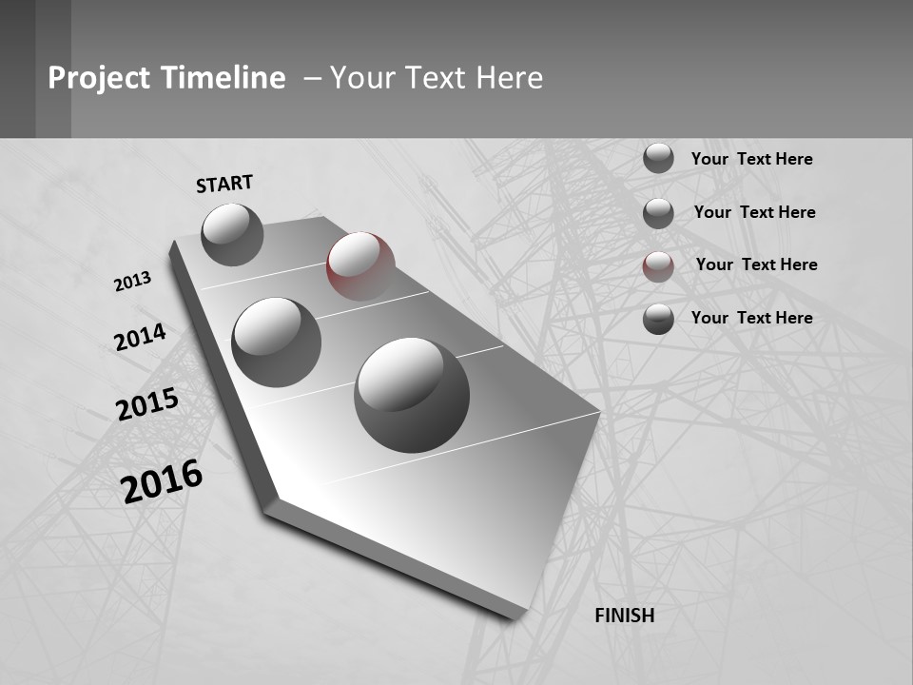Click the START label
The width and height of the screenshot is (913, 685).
(224, 184)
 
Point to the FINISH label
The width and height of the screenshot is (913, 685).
(625, 616)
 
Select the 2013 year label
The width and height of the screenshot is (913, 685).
(132, 282)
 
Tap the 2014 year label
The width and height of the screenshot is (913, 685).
(140, 338)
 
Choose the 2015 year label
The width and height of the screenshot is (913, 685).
(146, 404)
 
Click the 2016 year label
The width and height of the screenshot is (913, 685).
(162, 481)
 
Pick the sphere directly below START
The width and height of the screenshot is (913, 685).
(232, 234)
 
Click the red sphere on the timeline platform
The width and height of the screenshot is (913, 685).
(360, 265)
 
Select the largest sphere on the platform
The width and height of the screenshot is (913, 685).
(412, 394)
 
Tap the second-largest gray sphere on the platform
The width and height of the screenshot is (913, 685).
(276, 342)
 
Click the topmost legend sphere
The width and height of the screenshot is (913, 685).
(658, 158)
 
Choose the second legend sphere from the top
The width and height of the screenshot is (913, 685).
(658, 212)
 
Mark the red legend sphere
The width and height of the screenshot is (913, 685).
(658, 265)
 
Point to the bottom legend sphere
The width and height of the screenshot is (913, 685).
(658, 319)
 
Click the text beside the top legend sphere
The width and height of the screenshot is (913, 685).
(751, 159)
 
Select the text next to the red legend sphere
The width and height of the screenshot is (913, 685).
(756, 264)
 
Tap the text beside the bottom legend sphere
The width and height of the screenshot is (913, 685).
(751, 318)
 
